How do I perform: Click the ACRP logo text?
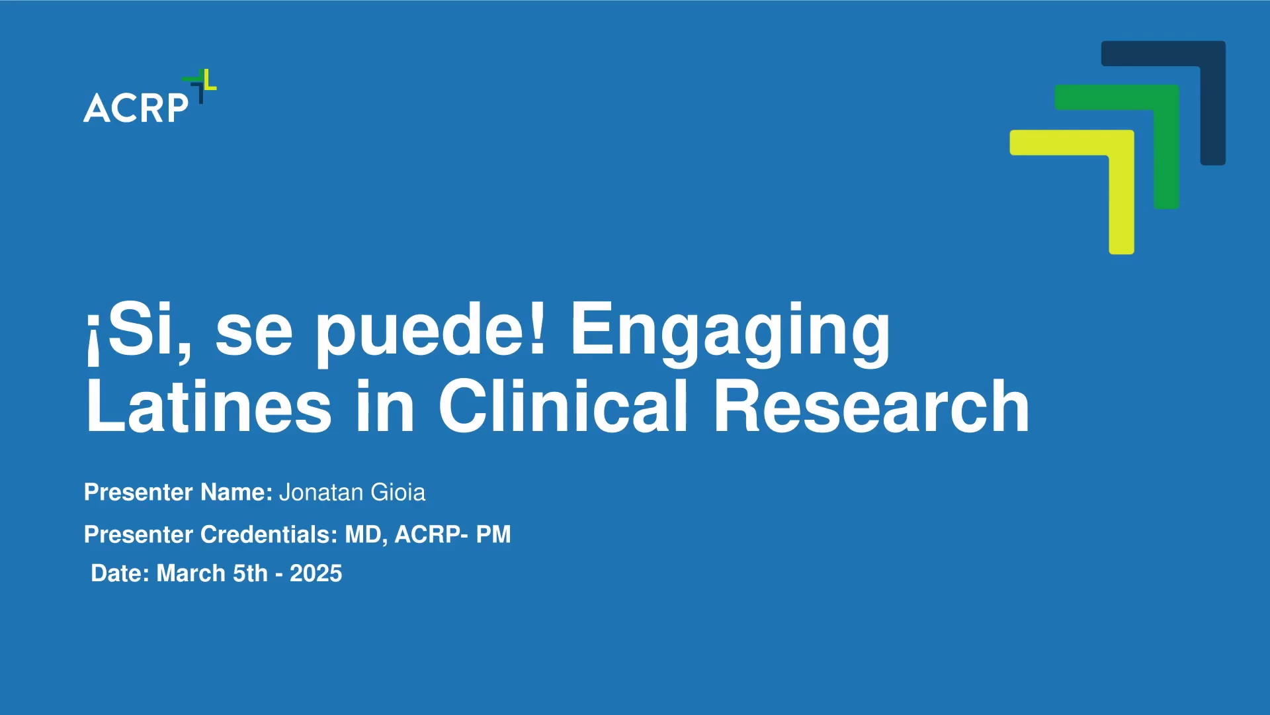tap(136, 108)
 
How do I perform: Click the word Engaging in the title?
tap(730, 331)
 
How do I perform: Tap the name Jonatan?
tap(321, 493)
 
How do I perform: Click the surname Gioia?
tap(398, 493)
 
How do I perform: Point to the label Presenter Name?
tap(179, 493)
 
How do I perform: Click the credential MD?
tap(366, 534)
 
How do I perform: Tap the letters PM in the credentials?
tap(493, 534)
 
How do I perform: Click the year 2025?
tap(316, 573)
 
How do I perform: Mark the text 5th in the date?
tap(251, 573)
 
